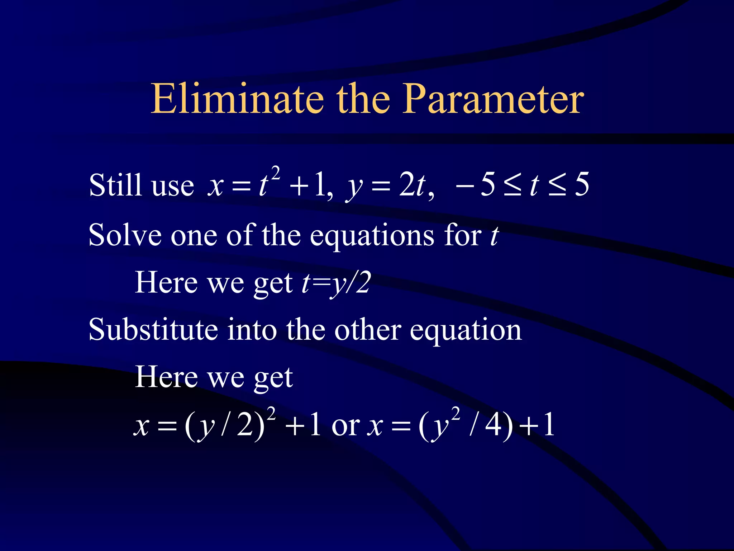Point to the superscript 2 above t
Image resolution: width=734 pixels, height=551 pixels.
click(275, 173)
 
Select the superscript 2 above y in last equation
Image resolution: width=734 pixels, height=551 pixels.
click(455, 413)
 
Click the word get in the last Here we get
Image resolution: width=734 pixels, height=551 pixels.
click(273, 378)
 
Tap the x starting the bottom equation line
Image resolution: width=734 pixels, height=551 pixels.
click(142, 426)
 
